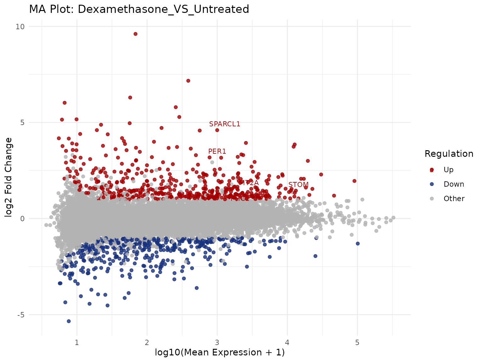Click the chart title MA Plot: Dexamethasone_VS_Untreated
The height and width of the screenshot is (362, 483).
tap(139, 9)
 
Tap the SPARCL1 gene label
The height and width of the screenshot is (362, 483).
tap(225, 124)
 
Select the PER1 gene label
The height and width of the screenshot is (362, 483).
tap(217, 151)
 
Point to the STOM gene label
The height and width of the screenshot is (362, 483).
tap(298, 185)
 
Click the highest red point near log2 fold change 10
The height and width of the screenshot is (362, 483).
tap(135, 34)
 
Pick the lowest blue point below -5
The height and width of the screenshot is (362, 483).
tap(69, 321)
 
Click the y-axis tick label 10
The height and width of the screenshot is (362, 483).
tap(20, 26)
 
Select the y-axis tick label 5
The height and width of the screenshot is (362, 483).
tap(22, 123)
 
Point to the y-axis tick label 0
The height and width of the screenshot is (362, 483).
tap(22, 219)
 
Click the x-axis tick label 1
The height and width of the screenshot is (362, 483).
tap(77, 342)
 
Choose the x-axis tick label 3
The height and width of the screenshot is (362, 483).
tap(217, 342)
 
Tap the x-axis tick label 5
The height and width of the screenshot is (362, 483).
tap(357, 342)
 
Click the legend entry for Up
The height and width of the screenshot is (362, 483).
tap(448, 170)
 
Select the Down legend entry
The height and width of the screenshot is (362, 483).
tap(453, 184)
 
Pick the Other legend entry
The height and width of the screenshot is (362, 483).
tap(454, 199)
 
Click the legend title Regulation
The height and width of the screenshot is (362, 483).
tap(449, 154)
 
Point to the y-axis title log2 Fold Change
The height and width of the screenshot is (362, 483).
tap(9, 177)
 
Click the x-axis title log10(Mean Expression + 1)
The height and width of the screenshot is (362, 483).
tap(220, 353)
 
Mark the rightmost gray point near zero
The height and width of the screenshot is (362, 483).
tap(393, 218)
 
